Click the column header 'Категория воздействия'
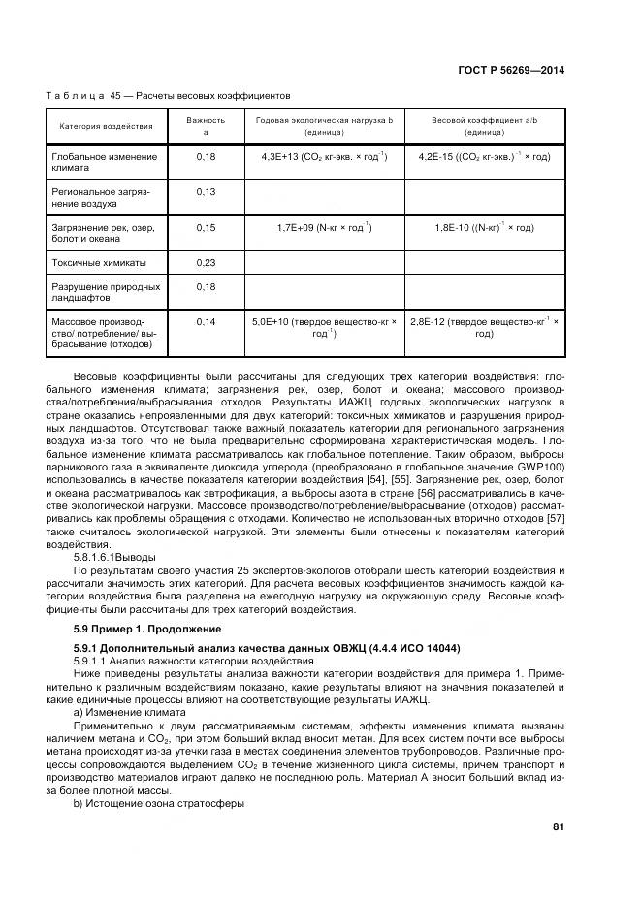pyautogui.click(x=106, y=126)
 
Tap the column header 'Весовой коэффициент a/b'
pyautogui.click(x=484, y=120)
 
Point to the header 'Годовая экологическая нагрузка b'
pyautogui.click(x=324, y=120)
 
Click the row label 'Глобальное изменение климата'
pyautogui.click(x=103, y=161)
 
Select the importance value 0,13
pyautogui.click(x=205, y=192)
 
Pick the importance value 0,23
pyautogui.click(x=205, y=262)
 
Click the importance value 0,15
pyautogui.click(x=205, y=227)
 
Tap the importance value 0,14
pyautogui.click(x=205, y=321)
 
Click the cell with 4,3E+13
pyautogui.click(x=324, y=156)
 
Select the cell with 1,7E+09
pyautogui.click(x=324, y=227)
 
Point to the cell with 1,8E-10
pyautogui.click(x=484, y=227)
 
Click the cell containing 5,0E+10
pyautogui.click(x=324, y=327)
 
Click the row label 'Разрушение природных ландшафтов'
pyautogui.click(x=105, y=292)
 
